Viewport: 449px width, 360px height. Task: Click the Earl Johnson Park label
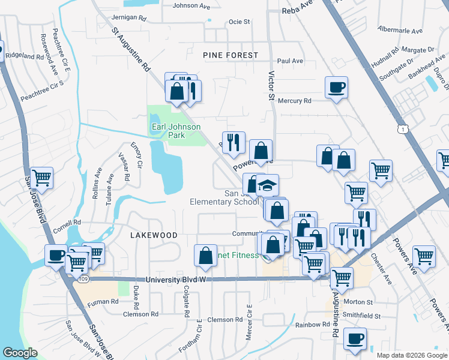167,131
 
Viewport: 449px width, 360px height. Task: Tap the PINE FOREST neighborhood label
231,55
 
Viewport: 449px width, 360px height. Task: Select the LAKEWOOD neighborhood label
154,235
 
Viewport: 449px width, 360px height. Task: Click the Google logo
20,353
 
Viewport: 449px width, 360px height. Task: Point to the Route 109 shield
83,279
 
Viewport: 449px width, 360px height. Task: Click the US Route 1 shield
401,129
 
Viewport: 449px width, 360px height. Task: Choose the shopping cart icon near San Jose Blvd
41,178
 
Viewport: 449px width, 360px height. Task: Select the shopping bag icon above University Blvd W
205,256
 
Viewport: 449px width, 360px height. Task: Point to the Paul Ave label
290,61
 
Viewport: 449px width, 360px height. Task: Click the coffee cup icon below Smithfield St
354,339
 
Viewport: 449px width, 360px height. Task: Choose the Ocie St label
239,22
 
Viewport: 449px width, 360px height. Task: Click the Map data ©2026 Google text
411,355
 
